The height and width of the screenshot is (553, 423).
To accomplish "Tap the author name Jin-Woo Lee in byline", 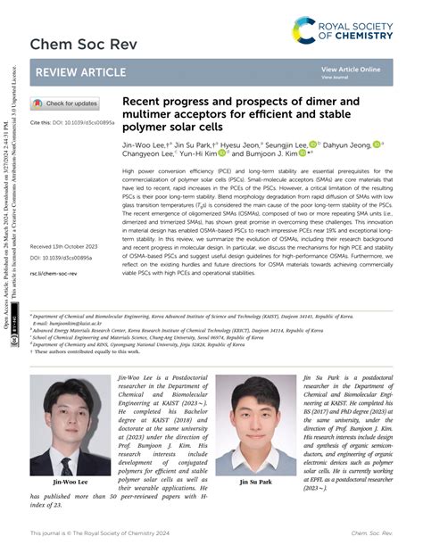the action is [144, 144].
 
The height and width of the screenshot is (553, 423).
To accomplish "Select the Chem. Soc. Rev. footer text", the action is [371, 533].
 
